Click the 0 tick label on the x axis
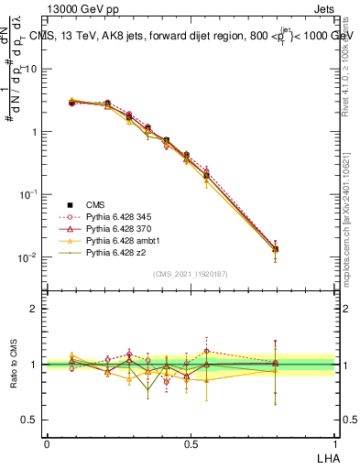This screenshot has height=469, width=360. [47, 443]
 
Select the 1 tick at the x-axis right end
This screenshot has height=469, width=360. [333, 443]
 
